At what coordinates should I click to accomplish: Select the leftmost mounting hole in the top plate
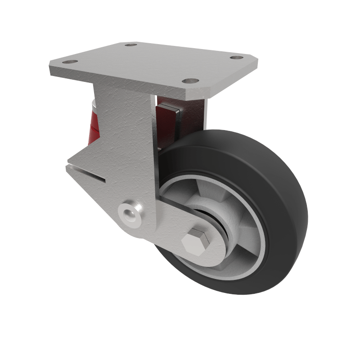(70, 62)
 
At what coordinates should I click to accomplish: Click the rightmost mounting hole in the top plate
(236, 58)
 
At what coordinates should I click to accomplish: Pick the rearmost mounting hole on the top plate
(130, 45)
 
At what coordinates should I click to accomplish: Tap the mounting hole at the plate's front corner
(190, 81)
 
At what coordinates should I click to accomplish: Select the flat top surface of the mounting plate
(148, 65)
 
